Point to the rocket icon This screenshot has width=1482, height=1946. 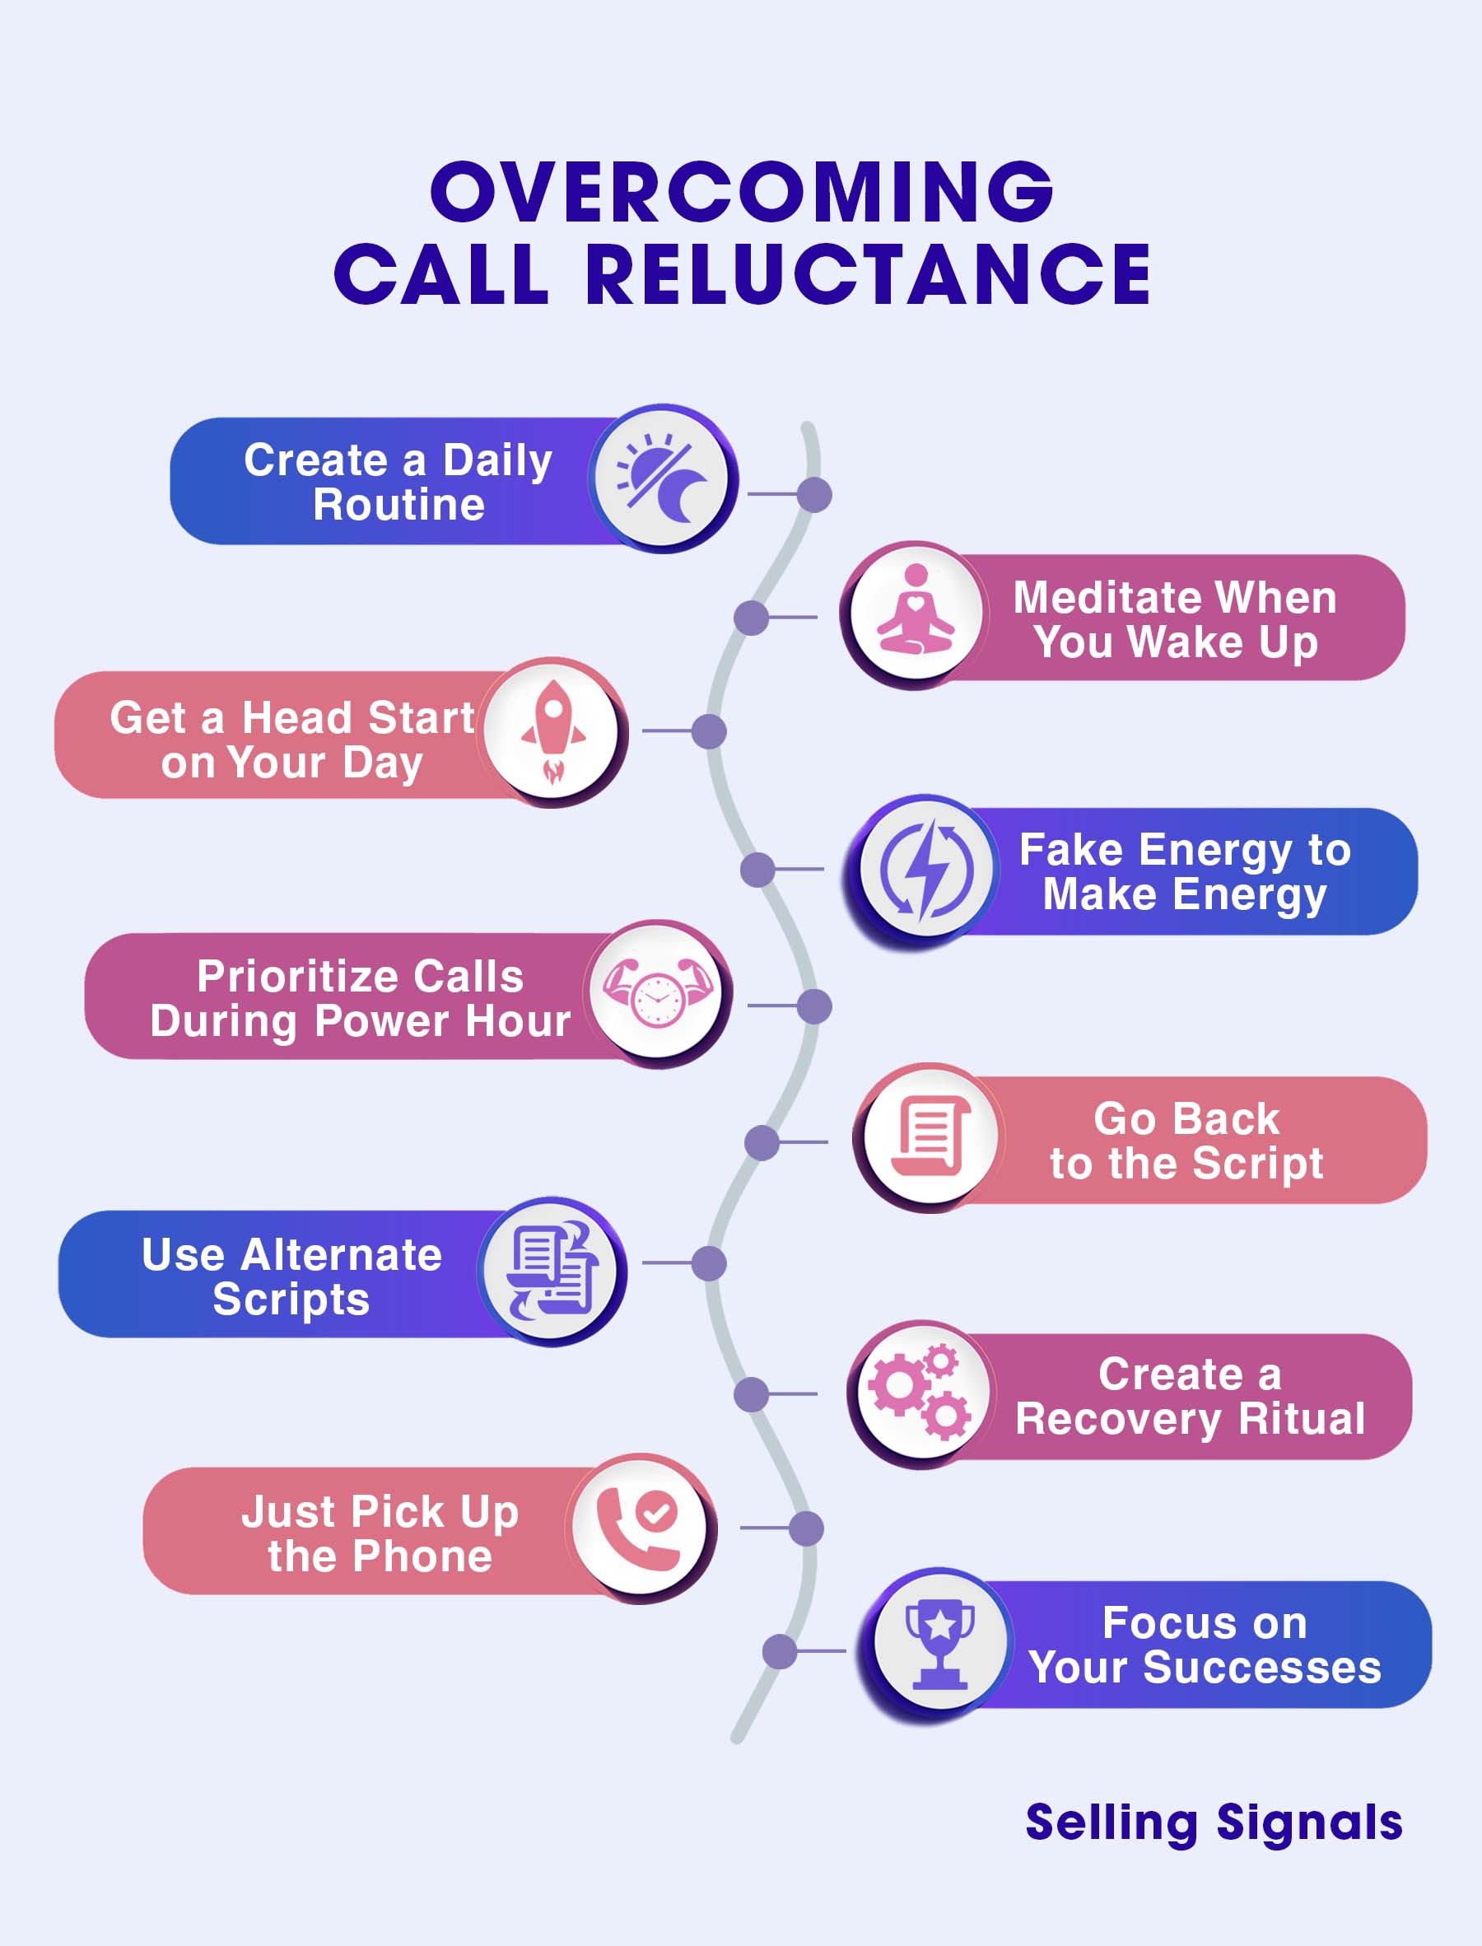(553, 731)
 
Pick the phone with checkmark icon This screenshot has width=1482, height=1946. (640, 1528)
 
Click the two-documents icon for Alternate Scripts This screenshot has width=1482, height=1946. (552, 1270)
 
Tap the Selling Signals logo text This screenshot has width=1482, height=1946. (1214, 1822)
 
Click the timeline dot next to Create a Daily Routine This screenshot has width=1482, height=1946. (814, 495)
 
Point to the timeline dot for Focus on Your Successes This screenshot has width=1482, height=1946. (780, 1651)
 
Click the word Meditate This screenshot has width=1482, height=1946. (1094, 597)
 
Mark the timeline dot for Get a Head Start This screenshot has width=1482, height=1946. (709, 731)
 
